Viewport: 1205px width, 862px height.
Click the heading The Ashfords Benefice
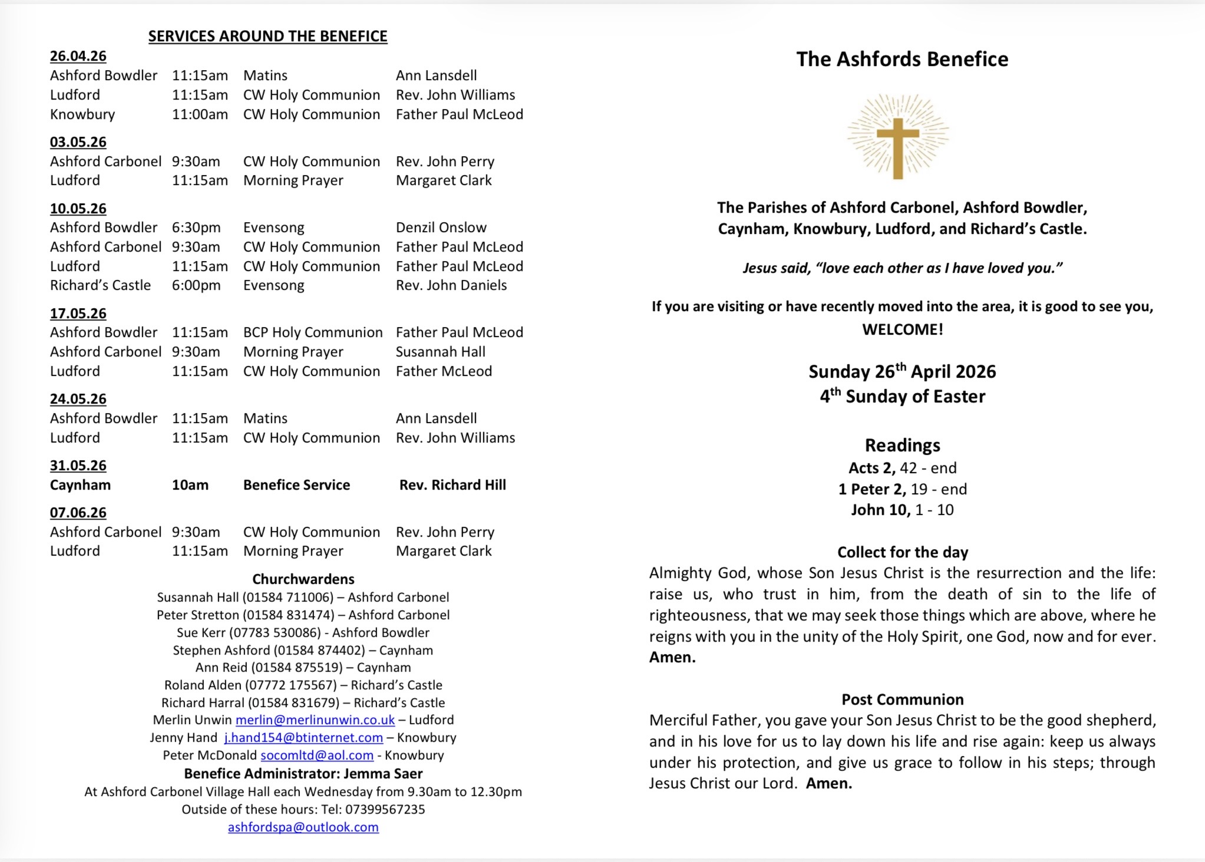pyautogui.click(x=902, y=60)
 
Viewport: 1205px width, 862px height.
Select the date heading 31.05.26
pyautogui.click(x=78, y=465)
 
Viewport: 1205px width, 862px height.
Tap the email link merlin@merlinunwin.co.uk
pyautogui.click(x=315, y=720)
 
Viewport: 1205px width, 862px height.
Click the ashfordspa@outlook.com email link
pyautogui.click(x=303, y=827)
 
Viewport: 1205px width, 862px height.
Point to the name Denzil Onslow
pyautogui.click(x=441, y=227)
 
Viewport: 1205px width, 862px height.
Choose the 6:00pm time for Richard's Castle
pyautogui.click(x=196, y=285)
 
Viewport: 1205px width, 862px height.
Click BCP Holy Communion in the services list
pyautogui.click(x=313, y=332)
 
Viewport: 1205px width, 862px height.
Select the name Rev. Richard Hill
pyautogui.click(x=453, y=485)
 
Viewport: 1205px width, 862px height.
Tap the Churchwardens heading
pyautogui.click(x=303, y=579)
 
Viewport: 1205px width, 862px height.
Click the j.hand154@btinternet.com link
pyautogui.click(x=303, y=738)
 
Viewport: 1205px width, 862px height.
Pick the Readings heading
pyautogui.click(x=902, y=445)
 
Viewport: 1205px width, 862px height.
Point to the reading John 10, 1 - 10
pyautogui.click(x=902, y=510)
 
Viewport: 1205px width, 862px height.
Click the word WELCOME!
pyautogui.click(x=902, y=329)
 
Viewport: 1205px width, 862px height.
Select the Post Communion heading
pyautogui.click(x=902, y=699)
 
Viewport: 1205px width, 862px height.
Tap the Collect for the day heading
pyautogui.click(x=902, y=552)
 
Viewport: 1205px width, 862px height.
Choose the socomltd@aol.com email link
pyautogui.click(x=317, y=755)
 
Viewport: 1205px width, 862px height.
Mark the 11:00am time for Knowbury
pyautogui.click(x=200, y=114)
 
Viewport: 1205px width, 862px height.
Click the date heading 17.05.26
pyautogui.click(x=78, y=313)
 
